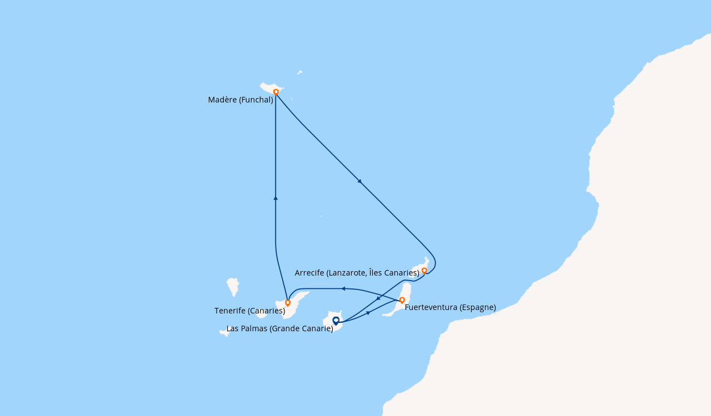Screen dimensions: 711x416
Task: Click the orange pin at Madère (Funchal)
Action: (x=276, y=92)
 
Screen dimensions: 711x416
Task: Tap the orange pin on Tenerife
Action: (x=288, y=303)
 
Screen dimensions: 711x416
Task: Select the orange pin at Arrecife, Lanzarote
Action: (x=424, y=271)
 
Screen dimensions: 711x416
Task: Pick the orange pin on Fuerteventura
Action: (x=402, y=300)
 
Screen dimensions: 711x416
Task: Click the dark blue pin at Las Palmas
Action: (x=336, y=321)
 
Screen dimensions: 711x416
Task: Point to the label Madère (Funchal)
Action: (x=241, y=100)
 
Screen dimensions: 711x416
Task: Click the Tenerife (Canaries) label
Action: (x=250, y=311)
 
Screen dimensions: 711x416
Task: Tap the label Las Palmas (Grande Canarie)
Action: (x=279, y=328)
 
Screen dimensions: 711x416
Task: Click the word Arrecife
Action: (x=309, y=273)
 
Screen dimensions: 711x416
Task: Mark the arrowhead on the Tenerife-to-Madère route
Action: (x=276, y=198)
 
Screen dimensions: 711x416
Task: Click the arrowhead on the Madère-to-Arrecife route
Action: (x=360, y=181)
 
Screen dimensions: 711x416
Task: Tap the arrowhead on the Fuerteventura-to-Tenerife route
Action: (x=343, y=289)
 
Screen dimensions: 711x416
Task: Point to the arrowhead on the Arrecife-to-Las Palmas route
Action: (x=378, y=298)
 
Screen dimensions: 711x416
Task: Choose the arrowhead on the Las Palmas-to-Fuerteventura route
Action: (x=368, y=313)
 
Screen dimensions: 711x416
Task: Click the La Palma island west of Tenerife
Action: (x=233, y=287)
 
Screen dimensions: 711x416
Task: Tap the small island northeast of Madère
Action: (x=299, y=72)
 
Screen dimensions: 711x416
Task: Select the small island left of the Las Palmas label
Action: (x=224, y=333)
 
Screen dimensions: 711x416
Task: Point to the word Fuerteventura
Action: (x=432, y=307)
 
